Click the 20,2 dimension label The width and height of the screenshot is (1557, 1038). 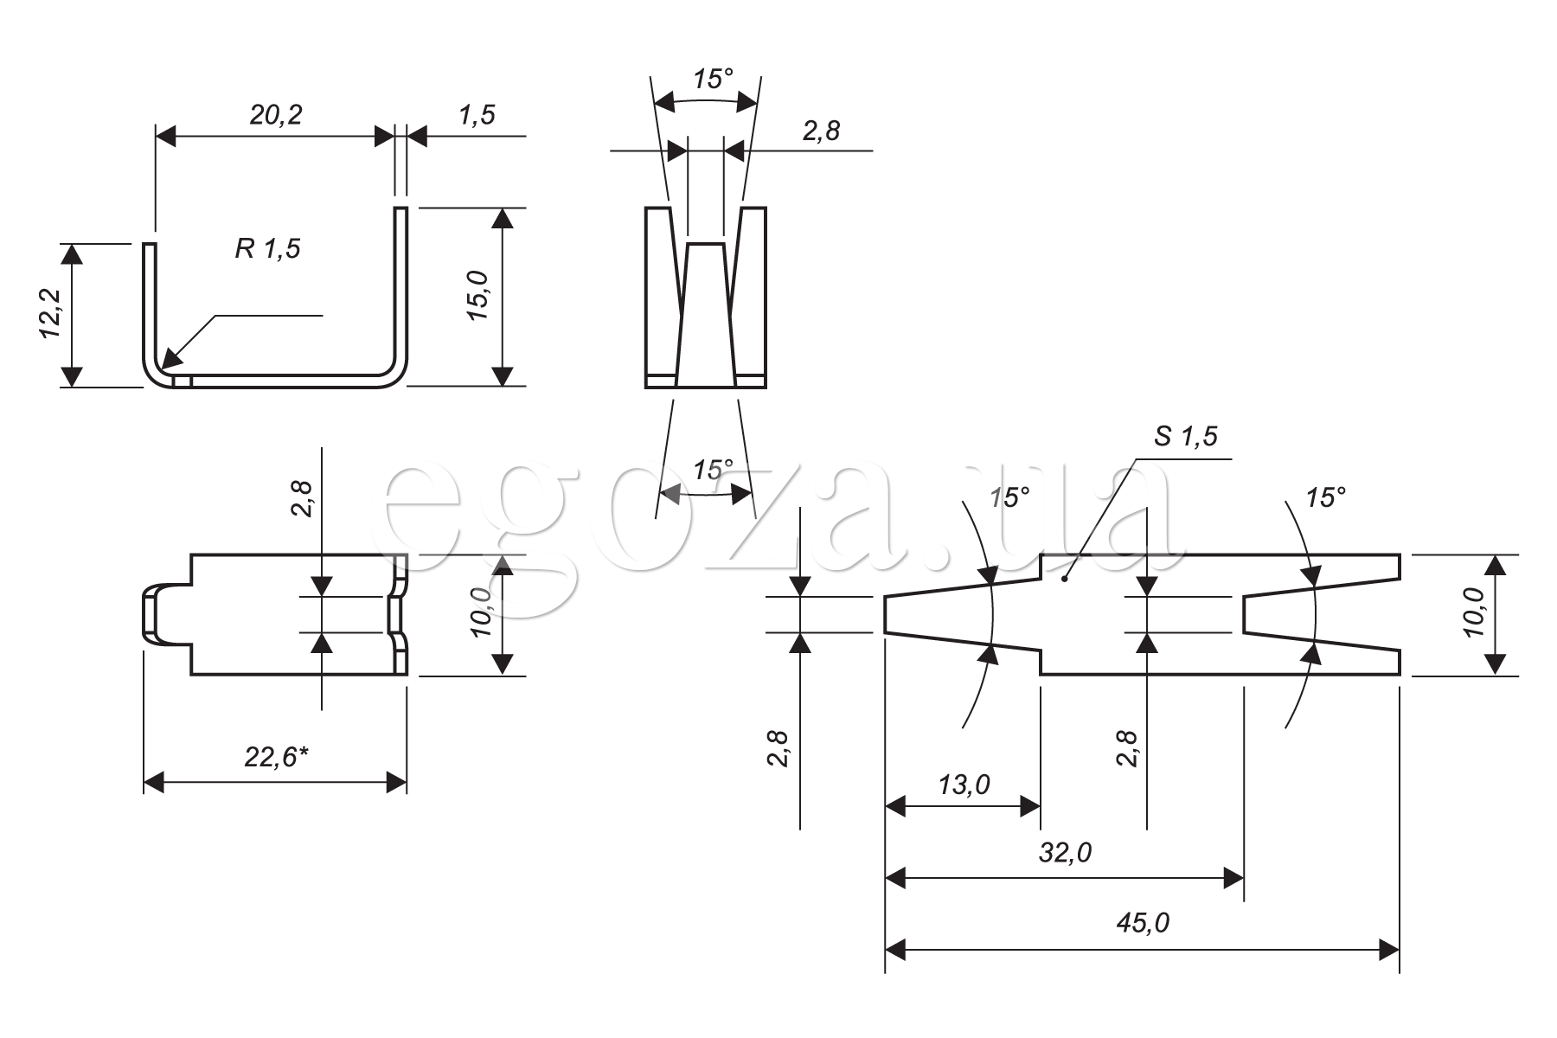coord(276,114)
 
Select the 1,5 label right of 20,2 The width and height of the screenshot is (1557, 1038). coord(477,114)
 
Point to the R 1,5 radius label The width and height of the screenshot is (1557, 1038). coord(267,249)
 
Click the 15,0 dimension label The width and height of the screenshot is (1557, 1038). coord(478,295)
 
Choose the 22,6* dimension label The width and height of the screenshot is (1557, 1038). coord(277,757)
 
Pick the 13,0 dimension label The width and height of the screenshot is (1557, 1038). coord(964,785)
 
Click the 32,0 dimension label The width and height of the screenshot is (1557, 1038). coord(1065,853)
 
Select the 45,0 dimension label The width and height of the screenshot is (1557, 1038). coord(1142,923)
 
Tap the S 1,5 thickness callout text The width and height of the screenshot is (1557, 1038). coord(1185,437)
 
